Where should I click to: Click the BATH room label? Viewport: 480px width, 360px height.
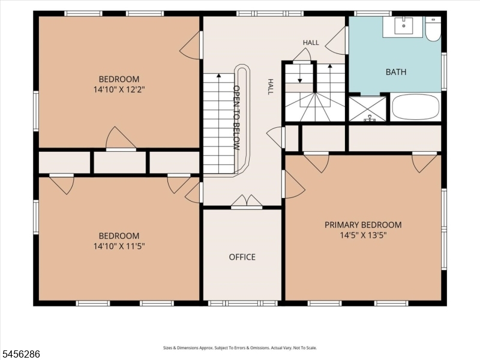pos(396,72)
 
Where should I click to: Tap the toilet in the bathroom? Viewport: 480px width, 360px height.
pos(433,29)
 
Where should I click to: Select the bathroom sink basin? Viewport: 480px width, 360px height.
pos(403,26)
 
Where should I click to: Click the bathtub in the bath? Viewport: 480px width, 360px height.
pos(416,107)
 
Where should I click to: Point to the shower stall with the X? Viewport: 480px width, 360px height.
pos(368,109)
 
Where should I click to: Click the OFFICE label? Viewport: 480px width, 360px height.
pos(242,257)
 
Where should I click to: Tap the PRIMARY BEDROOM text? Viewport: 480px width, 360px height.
pos(363,225)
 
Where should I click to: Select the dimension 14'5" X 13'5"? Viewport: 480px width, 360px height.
pos(363,235)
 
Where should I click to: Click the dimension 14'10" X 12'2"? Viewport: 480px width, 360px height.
pos(119,89)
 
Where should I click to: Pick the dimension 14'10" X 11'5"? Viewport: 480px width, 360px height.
pos(119,246)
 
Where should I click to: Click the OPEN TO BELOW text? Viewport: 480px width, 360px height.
pos(236,118)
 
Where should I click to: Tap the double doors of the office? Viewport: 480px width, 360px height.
pos(247,202)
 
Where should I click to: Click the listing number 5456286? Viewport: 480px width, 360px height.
pos(20,354)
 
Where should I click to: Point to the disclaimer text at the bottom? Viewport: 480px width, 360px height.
pos(239,348)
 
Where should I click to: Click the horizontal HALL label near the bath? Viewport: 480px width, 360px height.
pos(311,43)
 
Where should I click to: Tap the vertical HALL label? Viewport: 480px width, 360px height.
pos(271,86)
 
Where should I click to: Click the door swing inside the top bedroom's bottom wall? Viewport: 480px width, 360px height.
pos(121,139)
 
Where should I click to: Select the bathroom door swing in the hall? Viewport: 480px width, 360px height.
pos(335,40)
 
